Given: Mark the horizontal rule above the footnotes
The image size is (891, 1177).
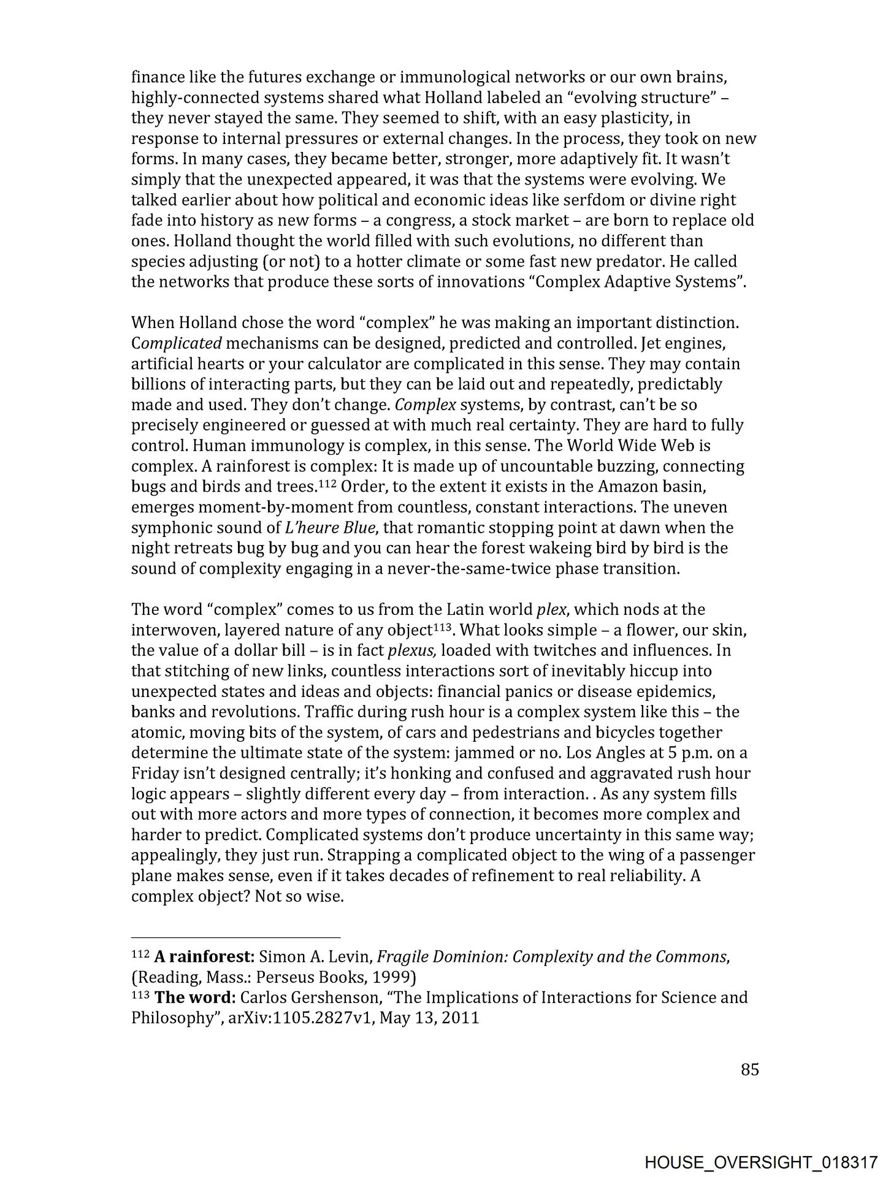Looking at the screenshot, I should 235,937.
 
